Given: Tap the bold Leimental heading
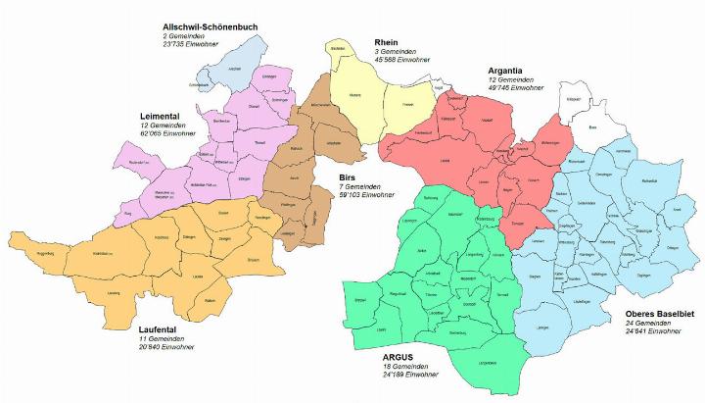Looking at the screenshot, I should coord(164,115).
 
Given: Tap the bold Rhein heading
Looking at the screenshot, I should coord(387,42).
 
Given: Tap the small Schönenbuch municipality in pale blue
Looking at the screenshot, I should coord(208,85).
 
